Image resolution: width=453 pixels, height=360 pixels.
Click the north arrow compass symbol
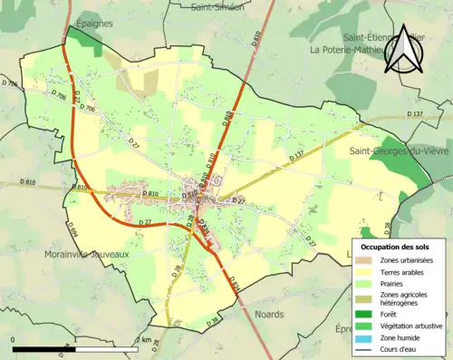[x=402, y=50]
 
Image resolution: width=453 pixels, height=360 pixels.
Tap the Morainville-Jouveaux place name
[x=88, y=255]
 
